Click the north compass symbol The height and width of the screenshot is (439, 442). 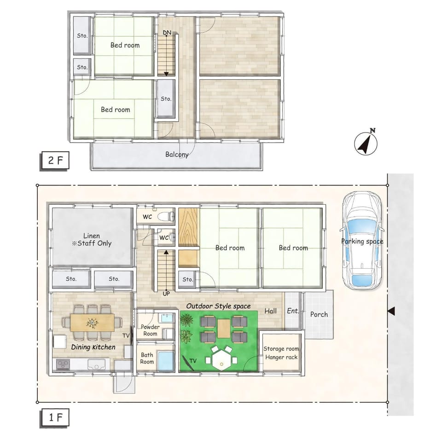click(x=366, y=143)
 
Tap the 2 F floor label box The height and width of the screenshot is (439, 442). click(x=55, y=160)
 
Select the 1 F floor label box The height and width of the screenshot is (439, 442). click(x=55, y=417)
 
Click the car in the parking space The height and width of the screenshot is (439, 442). click(x=362, y=241)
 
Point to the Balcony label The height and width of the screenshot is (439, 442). click(x=177, y=155)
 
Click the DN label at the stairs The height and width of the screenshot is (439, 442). click(x=167, y=33)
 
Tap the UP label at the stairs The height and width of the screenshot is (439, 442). click(x=166, y=294)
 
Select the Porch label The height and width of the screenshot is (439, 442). click(x=319, y=314)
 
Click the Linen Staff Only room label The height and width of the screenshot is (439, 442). click(x=92, y=239)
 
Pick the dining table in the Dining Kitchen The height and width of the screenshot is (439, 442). click(x=93, y=323)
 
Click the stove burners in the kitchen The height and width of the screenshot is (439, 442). click(x=63, y=364)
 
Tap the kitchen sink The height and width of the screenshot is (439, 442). click(x=96, y=364)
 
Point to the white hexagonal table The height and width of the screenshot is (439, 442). click(x=221, y=360)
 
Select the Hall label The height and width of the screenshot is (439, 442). click(x=270, y=311)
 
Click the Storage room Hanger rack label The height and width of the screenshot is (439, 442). click(x=281, y=353)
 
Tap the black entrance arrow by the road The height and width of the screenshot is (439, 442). click(x=391, y=312)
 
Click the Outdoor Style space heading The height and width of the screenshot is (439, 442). click(x=218, y=306)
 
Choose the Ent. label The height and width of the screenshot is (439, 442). click(x=293, y=311)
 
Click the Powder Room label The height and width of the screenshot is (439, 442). click(x=150, y=330)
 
